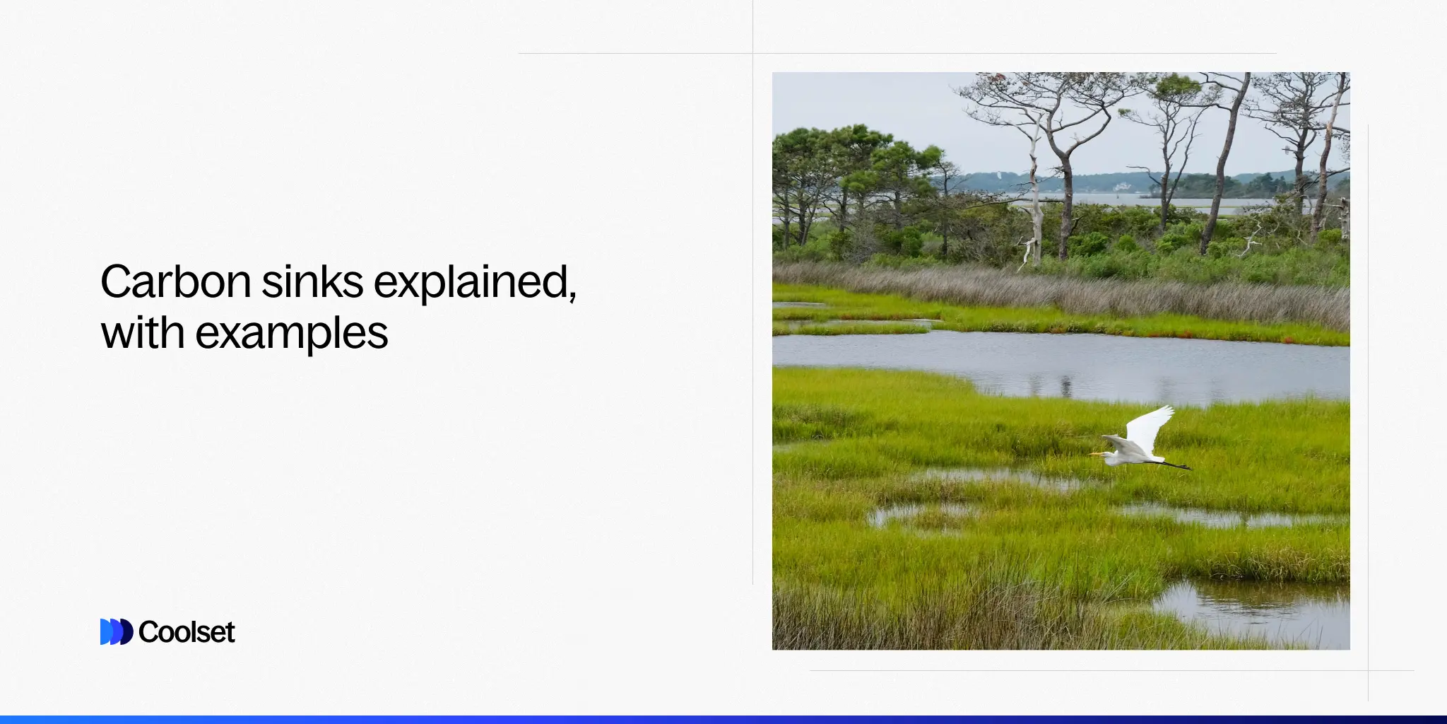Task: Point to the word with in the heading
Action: click(143, 332)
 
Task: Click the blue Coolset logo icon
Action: click(116, 631)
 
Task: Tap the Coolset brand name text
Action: click(187, 631)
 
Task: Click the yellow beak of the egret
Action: click(1095, 454)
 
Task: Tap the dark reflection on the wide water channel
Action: click(1065, 386)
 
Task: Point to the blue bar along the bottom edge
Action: click(723, 719)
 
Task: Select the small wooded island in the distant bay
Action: click(1187, 187)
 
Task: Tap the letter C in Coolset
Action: click(148, 631)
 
